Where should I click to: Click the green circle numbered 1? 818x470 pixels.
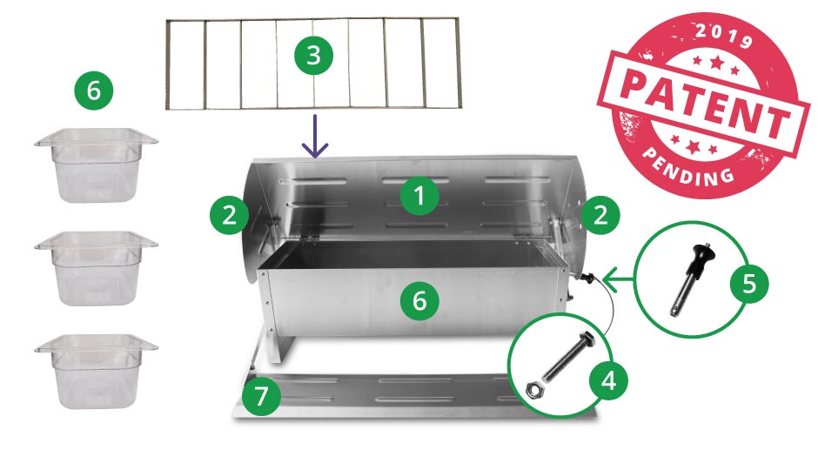coord(419,197)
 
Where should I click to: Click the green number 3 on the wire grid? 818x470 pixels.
coord(314,56)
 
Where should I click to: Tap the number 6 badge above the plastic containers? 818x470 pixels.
coord(93,89)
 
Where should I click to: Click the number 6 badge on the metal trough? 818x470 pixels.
coord(419,301)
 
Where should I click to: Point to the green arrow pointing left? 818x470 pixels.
coord(620,280)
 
